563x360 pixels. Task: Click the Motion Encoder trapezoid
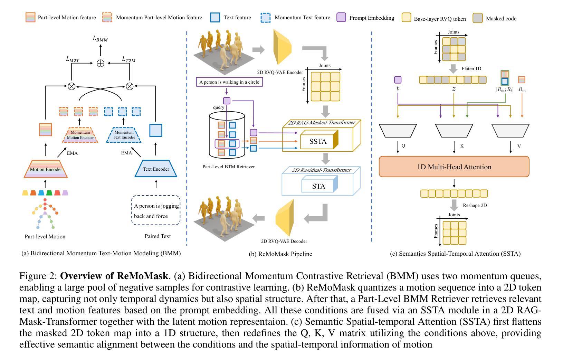coord(46,169)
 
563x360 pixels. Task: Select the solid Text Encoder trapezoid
coord(156,169)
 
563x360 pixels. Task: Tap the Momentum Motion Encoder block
coord(80,135)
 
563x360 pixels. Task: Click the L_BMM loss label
coord(100,38)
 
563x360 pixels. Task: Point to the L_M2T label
coord(73,59)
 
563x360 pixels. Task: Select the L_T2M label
coord(128,59)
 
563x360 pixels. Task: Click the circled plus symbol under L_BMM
coord(101,63)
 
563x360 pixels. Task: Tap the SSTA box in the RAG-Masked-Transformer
coord(318,141)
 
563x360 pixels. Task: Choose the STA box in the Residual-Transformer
coord(318,186)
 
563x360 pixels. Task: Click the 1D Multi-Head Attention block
coord(454,167)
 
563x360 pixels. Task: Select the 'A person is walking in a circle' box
coord(229,82)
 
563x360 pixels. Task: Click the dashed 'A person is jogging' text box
coord(156,211)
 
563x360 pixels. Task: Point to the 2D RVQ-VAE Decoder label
coord(284,241)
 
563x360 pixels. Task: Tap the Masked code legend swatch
coord(478,18)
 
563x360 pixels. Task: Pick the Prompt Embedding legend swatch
coord(341,18)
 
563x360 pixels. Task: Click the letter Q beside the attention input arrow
coord(403,146)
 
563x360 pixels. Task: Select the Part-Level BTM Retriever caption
coord(229,167)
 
